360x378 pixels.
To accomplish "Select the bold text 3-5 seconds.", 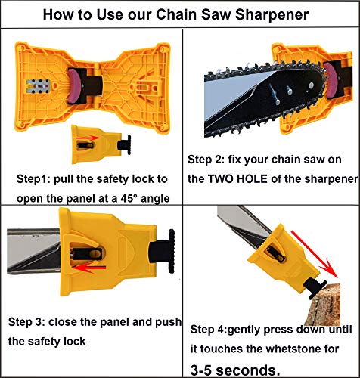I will pos(235,369).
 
